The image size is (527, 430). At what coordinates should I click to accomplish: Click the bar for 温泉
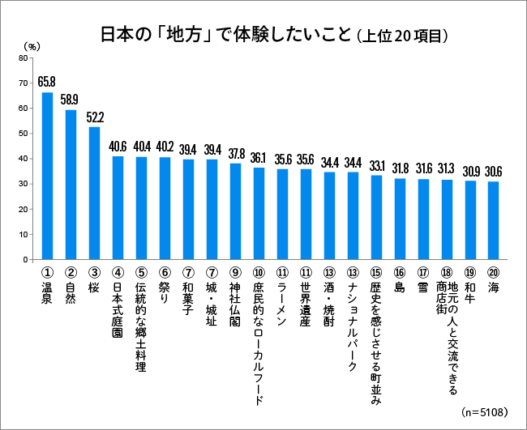[48, 176]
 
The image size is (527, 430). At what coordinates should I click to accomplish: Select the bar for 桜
[94, 193]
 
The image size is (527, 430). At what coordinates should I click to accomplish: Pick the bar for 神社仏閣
[235, 211]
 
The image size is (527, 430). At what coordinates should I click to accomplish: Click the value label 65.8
[47, 82]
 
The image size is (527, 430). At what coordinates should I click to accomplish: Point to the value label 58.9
[70, 99]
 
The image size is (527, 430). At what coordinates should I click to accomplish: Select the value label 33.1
[376, 164]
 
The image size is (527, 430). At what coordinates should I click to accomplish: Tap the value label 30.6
[493, 171]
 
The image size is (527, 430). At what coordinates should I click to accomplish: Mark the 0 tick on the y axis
[26, 260]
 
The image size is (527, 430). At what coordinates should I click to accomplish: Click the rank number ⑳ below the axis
[493, 273]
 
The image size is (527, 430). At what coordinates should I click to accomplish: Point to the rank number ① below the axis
[47, 273]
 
